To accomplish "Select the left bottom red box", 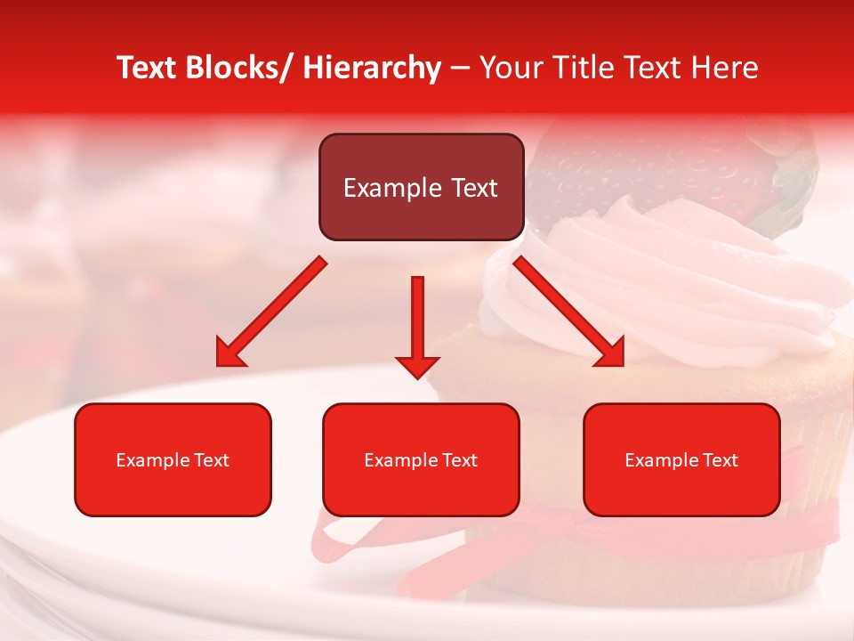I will [x=173, y=459].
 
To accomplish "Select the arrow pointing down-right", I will [x=569, y=312].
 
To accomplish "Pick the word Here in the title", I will [x=724, y=68].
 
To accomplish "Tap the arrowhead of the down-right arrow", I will [x=610, y=353].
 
